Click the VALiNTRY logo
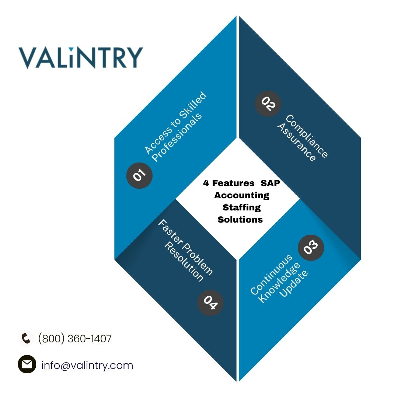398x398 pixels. tap(81, 57)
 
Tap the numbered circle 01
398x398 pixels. tap(139, 175)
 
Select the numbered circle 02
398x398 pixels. tap(268, 104)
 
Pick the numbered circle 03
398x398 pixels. tap(311, 248)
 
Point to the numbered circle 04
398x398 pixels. tap(210, 303)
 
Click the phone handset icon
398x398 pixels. tap(26, 338)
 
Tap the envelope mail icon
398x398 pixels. tap(27, 364)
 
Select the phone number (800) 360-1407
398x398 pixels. tap(75, 339)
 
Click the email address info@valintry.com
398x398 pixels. tap(87, 365)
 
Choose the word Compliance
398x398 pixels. tap(307, 136)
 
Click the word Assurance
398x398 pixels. tap(296, 142)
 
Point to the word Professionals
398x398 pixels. tap(177, 137)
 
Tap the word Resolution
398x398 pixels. tap(184, 262)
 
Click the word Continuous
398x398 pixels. tap(271, 275)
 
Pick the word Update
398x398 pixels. tap(293, 283)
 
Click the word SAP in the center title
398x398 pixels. tap(270, 183)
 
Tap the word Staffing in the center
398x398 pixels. tap(242, 207)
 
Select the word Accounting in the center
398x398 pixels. tap(242, 195)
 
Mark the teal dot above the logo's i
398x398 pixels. tap(71, 49)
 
